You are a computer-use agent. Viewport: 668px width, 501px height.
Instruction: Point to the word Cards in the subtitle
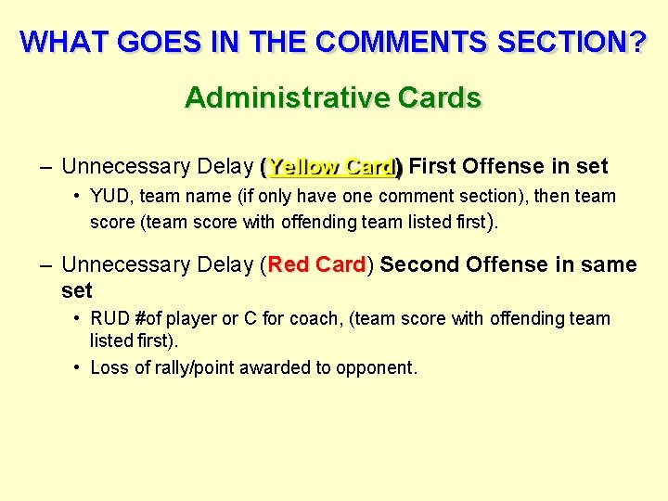click(x=439, y=97)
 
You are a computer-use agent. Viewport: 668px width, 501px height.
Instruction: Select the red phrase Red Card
click(x=317, y=264)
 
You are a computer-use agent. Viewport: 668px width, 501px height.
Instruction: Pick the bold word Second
click(x=418, y=264)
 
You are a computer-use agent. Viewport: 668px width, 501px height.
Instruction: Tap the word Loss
click(x=109, y=367)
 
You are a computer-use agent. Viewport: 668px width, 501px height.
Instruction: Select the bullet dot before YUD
click(x=76, y=197)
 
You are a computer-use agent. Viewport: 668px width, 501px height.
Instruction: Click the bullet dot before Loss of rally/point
click(x=76, y=367)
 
